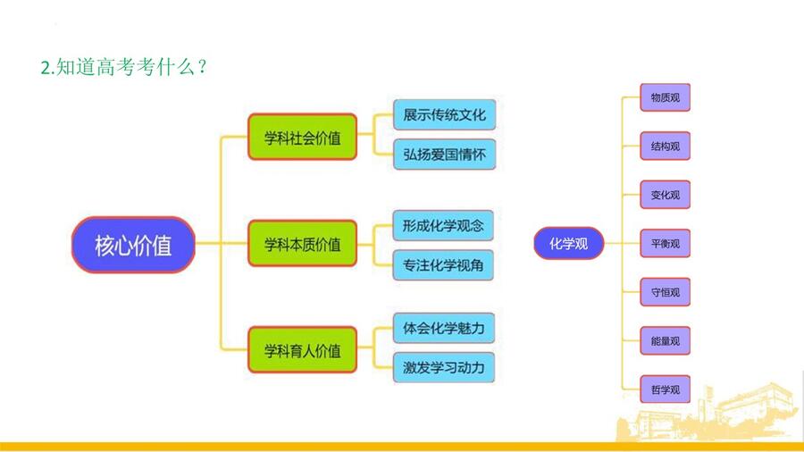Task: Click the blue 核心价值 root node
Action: point(133,245)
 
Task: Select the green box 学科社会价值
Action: point(303,137)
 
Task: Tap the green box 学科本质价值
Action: point(303,244)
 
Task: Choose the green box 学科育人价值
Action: point(303,350)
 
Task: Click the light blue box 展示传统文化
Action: point(445,115)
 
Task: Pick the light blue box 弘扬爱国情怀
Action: point(445,155)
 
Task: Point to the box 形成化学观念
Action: point(443,225)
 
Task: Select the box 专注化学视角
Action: point(443,265)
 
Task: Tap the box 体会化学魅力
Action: point(444,328)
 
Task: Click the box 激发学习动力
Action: point(444,367)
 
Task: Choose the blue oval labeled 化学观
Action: point(569,244)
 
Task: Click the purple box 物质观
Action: point(665,97)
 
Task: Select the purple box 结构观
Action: point(665,146)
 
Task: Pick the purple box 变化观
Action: point(665,195)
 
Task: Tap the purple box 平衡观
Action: point(665,244)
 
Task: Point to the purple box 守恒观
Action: point(665,292)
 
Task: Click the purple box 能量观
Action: point(665,341)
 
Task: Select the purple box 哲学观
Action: point(665,389)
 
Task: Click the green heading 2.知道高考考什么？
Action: point(123,67)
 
